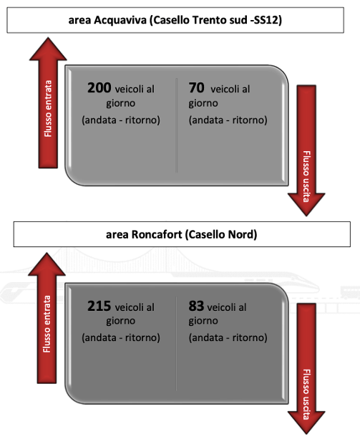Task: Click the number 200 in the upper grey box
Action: pyautogui.click(x=99, y=87)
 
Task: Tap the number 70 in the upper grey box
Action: pyautogui.click(x=196, y=87)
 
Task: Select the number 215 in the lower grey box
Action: pyautogui.click(x=99, y=306)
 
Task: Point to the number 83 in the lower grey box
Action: pyautogui.click(x=196, y=306)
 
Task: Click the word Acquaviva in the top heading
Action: pyautogui.click(x=120, y=20)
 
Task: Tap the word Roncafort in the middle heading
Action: pyautogui.click(x=157, y=234)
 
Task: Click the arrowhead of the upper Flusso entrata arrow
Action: pyautogui.click(x=48, y=49)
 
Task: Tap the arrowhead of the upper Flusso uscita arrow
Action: pyautogui.click(x=306, y=204)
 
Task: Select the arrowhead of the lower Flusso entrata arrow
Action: pyautogui.click(x=47, y=264)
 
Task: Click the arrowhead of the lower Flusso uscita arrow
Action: pyautogui.click(x=306, y=423)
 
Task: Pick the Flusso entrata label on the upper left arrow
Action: pyautogui.click(x=48, y=108)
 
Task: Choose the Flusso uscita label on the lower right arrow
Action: pyautogui.click(x=306, y=394)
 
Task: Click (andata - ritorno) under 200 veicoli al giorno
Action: pyautogui.click(x=121, y=120)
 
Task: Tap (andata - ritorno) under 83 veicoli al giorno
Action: pyautogui.click(x=228, y=337)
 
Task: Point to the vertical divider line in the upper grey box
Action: pyautogui.click(x=177, y=125)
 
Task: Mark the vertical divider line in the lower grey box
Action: pyautogui.click(x=177, y=343)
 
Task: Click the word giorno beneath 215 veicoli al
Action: pyautogui.click(x=121, y=321)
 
